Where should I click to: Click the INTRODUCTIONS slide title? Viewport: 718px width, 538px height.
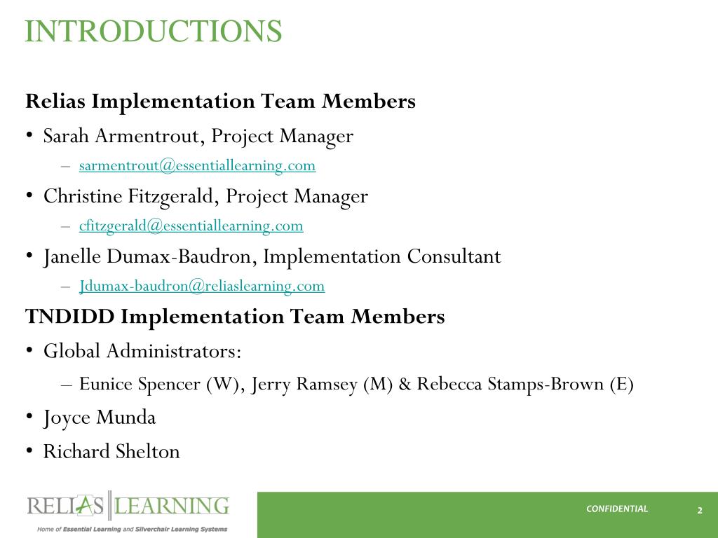[154, 32]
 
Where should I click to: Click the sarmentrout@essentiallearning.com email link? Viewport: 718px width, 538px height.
[197, 166]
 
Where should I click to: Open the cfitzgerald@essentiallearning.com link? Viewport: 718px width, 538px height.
[191, 226]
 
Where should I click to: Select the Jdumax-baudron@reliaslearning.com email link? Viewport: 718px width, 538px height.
[202, 286]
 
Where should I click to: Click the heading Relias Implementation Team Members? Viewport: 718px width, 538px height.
[220, 102]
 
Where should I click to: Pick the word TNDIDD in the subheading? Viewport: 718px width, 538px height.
[70, 317]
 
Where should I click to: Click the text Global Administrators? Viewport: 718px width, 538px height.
[142, 350]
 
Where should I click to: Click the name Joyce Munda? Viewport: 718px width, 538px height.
[100, 418]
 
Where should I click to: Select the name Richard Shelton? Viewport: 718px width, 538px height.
[111, 451]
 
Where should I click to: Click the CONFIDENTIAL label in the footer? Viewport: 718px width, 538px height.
[617, 509]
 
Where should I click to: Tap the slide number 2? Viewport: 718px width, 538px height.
[699, 510]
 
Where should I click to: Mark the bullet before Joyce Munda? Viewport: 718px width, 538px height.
[30, 418]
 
